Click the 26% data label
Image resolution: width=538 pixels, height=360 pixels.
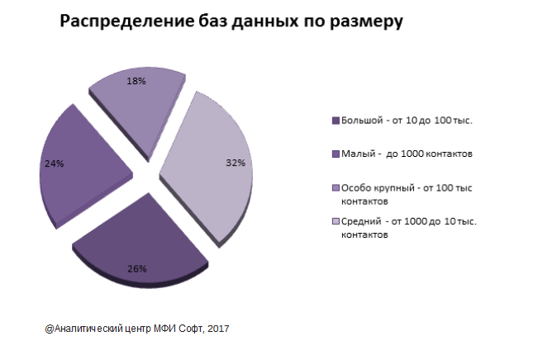(x=137, y=268)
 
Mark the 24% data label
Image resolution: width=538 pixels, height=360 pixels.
(x=53, y=163)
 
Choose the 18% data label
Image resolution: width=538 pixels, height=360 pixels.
(x=137, y=81)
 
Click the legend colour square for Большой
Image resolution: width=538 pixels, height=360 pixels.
(x=334, y=121)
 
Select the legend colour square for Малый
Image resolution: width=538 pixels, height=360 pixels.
(x=334, y=154)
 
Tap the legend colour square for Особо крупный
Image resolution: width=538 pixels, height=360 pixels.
(x=334, y=187)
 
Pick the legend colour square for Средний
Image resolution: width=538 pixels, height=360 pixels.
(x=334, y=221)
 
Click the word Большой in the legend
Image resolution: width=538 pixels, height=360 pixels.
(x=362, y=121)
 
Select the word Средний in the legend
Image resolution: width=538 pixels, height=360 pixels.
(x=361, y=221)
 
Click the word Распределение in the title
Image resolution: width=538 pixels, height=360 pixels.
(x=118, y=22)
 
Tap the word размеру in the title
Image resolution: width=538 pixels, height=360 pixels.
(x=369, y=22)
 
